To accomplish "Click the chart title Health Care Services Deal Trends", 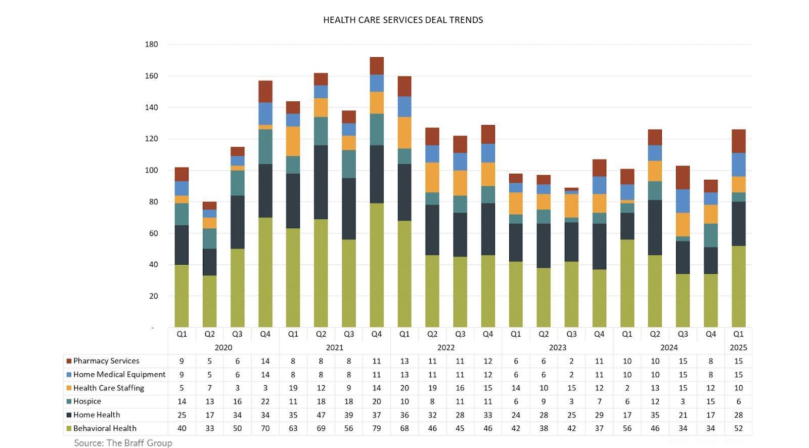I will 403,20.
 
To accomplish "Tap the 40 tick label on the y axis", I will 153,265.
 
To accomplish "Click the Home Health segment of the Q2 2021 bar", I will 321,182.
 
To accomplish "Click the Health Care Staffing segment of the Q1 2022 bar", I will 404,133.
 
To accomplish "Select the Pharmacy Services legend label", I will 106,361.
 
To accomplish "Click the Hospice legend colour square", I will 69,401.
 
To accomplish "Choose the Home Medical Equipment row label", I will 119,375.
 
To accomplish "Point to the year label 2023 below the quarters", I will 557,348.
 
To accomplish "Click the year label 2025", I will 738,348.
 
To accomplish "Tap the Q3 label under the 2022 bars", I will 460,334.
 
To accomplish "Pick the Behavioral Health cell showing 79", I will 377,428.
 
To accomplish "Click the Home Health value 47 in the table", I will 321,415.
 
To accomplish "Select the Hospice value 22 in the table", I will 265,401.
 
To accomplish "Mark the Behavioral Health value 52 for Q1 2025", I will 738,428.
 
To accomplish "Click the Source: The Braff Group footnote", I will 123,443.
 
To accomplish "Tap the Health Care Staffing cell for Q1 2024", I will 627,388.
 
